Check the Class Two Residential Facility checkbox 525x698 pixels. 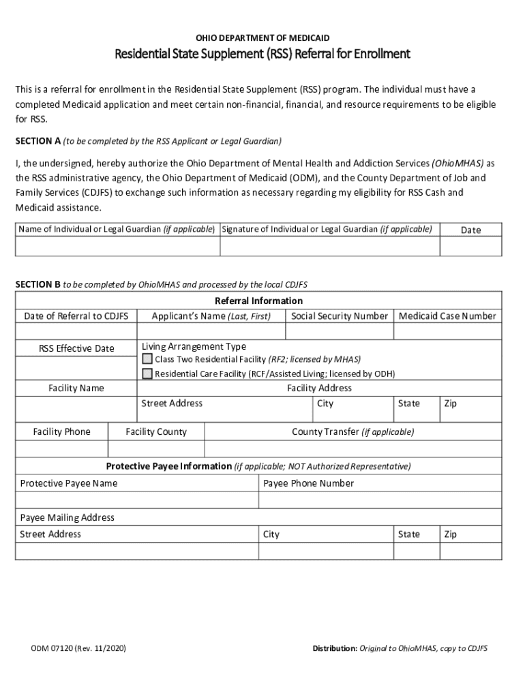pos(147,359)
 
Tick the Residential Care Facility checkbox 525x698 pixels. pos(147,374)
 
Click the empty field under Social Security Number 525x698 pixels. pos(339,331)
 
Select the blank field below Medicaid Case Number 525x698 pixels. pos(447,331)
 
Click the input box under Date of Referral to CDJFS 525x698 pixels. pos(76,331)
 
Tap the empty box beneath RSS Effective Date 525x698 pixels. pos(76,368)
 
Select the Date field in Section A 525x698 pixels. pos(470,246)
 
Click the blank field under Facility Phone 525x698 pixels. pos(61,449)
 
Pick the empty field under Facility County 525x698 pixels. pos(155,449)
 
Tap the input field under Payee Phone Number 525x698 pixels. pos(380,500)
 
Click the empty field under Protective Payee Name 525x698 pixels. pos(137,500)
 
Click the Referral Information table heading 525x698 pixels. pos(258,301)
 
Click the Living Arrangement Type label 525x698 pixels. pos(194,347)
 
